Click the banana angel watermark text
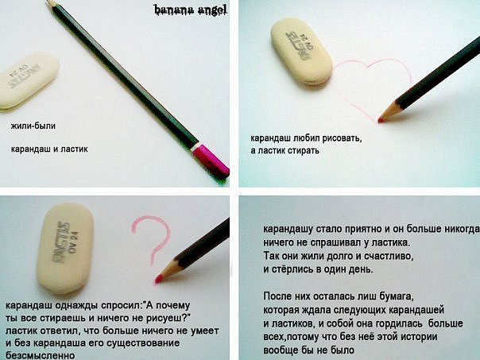point(191,10)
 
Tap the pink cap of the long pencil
point(211,161)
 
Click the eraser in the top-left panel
point(27,81)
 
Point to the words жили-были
point(33,126)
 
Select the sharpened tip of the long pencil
point(49,2)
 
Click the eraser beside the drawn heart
point(301,51)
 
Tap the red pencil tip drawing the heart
point(381,119)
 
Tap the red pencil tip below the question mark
point(158,279)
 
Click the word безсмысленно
point(40,355)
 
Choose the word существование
point(143,343)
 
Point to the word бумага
point(397,296)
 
